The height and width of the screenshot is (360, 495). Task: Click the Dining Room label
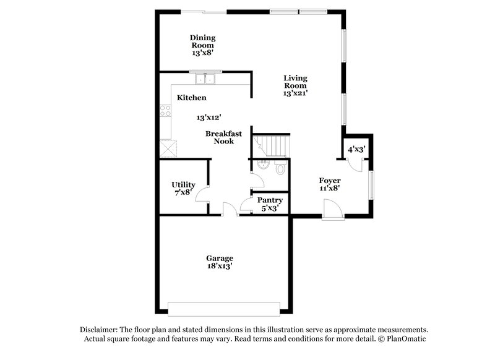[x=202, y=41]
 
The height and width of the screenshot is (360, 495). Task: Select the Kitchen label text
[x=192, y=98]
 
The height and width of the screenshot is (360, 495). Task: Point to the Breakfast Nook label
[x=220, y=137]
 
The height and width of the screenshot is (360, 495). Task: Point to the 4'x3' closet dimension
[x=356, y=149]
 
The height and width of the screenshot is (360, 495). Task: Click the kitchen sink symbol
[x=205, y=79]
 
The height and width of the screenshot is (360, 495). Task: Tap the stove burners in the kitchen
[x=165, y=111]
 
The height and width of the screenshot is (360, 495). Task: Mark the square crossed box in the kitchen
[x=167, y=148]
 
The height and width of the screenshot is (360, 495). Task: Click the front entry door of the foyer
[x=333, y=212]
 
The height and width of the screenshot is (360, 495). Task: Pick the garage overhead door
[x=224, y=307]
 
